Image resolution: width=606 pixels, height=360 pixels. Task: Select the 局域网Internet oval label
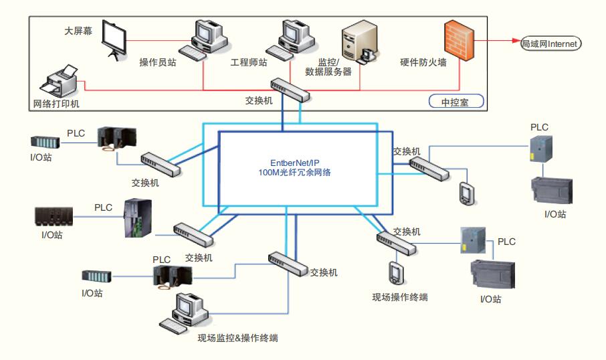tap(551, 43)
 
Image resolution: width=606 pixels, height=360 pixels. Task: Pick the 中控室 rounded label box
tap(455, 102)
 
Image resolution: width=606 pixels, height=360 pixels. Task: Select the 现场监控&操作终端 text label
tap(237, 338)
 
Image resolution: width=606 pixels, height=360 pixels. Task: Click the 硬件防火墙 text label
tap(423, 62)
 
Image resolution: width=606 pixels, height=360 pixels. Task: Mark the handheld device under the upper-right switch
tap(466, 192)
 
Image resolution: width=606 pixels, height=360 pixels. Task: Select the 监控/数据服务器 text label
tap(328, 67)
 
